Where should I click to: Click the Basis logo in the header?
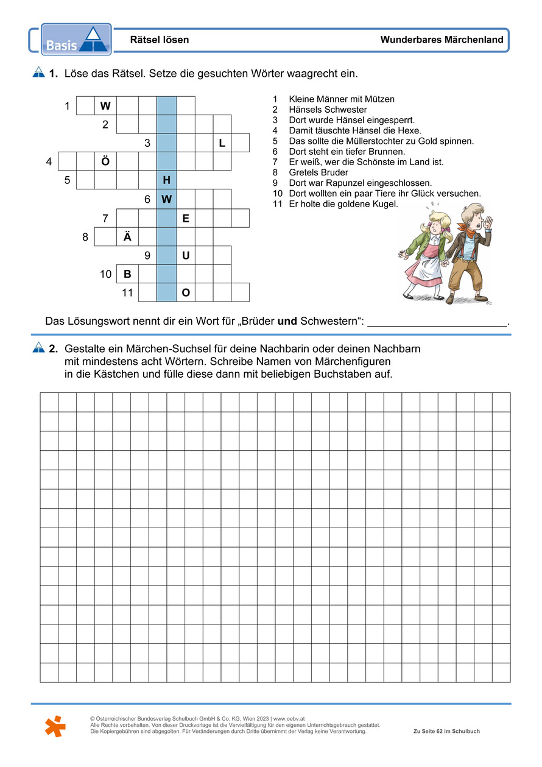point(76,40)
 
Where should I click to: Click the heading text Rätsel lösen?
point(160,40)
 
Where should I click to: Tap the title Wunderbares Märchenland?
point(442,40)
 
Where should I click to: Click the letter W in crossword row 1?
point(105,106)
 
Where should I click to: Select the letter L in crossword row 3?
point(222,143)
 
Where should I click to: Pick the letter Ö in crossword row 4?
point(105,161)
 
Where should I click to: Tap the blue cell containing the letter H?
point(166,180)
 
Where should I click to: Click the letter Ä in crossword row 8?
point(127,236)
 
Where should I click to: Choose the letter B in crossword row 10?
point(127,274)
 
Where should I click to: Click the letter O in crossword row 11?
point(186,292)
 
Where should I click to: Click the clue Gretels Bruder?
point(319,172)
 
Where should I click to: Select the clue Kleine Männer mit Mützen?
point(342,99)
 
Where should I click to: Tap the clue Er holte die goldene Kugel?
point(343,204)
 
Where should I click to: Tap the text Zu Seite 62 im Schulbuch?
point(446,731)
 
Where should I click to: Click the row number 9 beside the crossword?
point(147,255)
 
